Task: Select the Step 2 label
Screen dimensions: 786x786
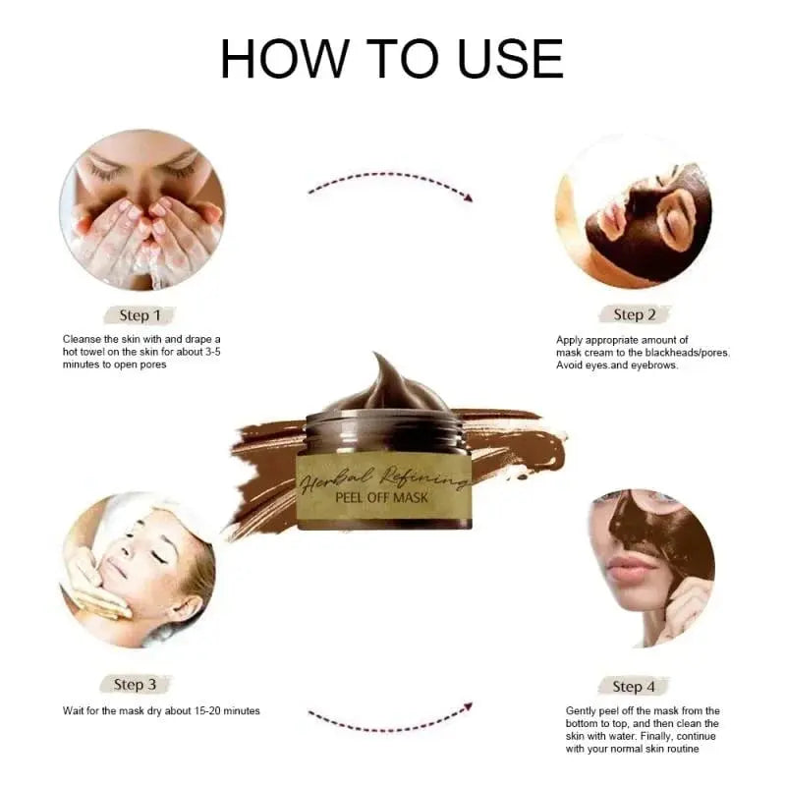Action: click(x=634, y=314)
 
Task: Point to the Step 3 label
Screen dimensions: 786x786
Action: click(x=136, y=684)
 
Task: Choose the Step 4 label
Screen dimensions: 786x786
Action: click(x=634, y=686)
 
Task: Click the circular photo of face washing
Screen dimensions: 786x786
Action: click(x=141, y=210)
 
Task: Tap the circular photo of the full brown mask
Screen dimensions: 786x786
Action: click(x=634, y=211)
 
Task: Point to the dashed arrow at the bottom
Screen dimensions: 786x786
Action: click(x=390, y=716)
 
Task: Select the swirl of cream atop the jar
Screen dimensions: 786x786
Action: click(x=385, y=383)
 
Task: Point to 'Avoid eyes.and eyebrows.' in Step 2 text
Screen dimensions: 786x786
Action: click(x=615, y=365)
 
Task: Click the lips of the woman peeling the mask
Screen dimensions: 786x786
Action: click(x=629, y=569)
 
